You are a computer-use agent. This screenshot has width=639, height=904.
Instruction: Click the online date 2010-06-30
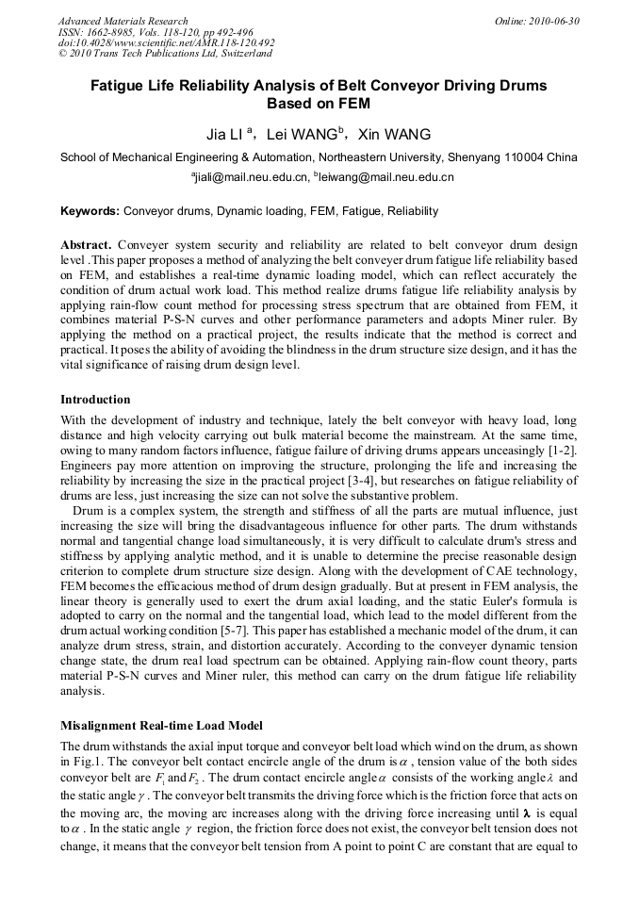click(x=557, y=21)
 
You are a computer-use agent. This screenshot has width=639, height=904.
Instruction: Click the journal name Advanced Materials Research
click(x=123, y=21)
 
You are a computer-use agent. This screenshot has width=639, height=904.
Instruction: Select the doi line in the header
click(x=166, y=43)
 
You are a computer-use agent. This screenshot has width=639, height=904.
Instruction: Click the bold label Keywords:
click(x=90, y=211)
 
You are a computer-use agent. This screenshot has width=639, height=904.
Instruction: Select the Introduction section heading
click(x=95, y=400)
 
